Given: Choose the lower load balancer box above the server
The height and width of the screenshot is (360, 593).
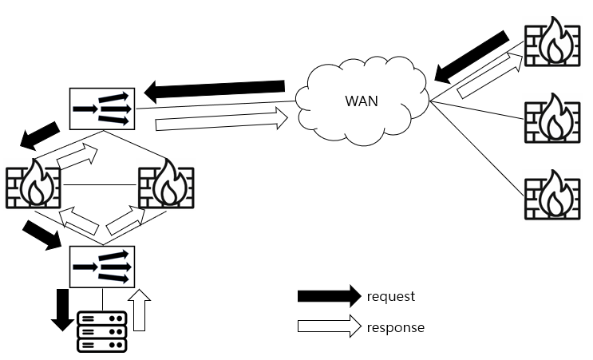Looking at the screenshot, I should pos(101,267).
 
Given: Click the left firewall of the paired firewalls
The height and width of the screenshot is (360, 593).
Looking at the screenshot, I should pos(32,187).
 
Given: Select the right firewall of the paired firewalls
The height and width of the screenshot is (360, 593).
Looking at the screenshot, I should pos(166,187).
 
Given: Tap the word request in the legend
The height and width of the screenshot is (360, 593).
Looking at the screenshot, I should pos(391,296).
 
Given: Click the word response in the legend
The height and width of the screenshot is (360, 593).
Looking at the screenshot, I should pos(395,327).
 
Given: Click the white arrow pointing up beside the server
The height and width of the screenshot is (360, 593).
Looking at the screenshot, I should pos(140,310).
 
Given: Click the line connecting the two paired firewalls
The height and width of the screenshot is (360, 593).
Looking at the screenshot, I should pos(100,187).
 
